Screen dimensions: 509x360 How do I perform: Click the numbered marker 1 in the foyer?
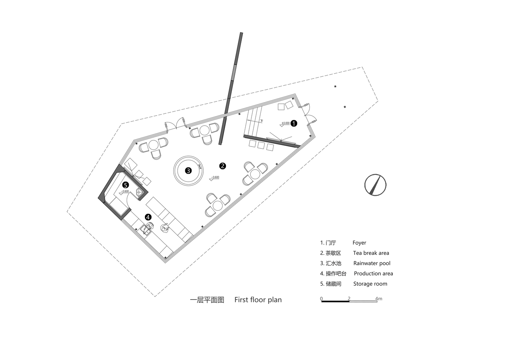point(294,123)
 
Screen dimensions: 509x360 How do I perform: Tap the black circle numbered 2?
point(223,166)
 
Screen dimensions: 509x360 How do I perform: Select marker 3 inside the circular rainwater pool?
point(188,171)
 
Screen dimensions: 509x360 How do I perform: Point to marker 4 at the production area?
point(148,217)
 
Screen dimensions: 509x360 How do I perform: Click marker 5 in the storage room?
point(125,185)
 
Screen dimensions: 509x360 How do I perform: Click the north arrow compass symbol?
point(375,185)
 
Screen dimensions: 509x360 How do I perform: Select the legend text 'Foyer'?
point(359,243)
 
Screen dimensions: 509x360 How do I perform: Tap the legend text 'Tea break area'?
point(371,253)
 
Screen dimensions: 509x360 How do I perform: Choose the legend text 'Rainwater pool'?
point(372,263)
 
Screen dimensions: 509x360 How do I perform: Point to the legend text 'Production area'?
point(373,274)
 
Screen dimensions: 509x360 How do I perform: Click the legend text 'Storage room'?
point(370,284)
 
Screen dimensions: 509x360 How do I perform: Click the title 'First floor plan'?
point(258,300)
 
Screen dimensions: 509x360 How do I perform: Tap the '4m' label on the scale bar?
point(378,298)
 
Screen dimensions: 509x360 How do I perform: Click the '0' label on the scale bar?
point(321,298)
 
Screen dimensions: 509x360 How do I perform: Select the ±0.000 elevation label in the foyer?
point(285,123)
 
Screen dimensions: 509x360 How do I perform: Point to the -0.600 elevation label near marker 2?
point(215,177)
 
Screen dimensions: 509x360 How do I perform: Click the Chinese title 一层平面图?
point(207,300)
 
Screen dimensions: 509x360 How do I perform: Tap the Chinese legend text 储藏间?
point(333,284)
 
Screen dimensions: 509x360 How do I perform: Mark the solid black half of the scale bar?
point(335,301)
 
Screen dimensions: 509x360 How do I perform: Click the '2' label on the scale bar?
point(349,298)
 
